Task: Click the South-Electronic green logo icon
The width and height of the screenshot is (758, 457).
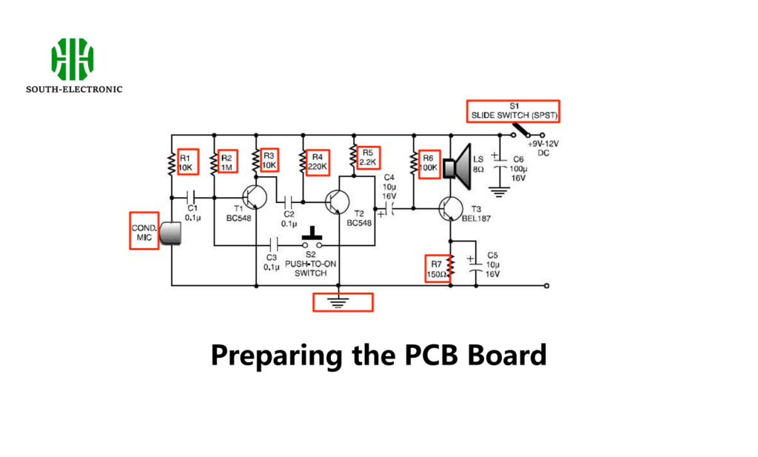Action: pos(73,60)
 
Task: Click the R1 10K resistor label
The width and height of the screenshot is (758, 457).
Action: pos(186,162)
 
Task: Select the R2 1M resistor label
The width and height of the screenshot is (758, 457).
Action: pos(227,162)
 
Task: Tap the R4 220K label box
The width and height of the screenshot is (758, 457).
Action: pos(318,161)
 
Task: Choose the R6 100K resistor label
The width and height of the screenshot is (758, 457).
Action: pos(428,162)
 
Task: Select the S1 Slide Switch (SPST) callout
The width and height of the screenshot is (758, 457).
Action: pos(512,111)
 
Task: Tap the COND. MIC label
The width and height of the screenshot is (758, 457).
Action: pos(143,232)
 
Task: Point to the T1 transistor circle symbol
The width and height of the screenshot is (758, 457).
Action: pos(254,198)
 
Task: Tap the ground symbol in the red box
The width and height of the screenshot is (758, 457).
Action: pos(343,301)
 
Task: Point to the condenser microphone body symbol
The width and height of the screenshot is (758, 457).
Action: pos(171,233)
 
